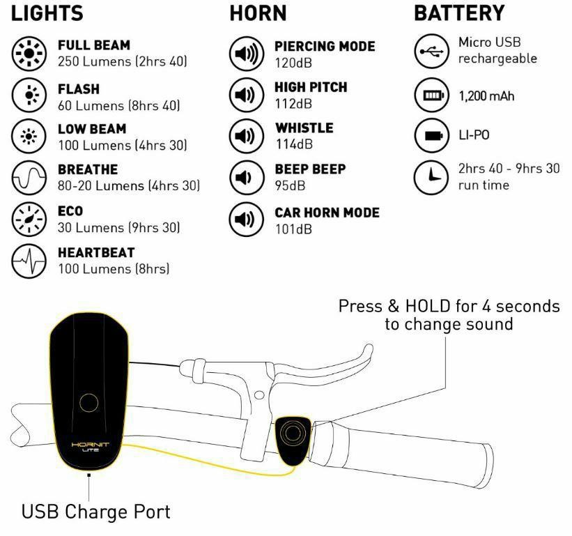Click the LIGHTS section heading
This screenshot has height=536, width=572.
click(47, 13)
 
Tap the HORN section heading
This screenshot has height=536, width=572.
click(258, 13)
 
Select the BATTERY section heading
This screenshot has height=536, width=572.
click(459, 13)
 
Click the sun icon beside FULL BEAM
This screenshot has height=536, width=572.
click(29, 54)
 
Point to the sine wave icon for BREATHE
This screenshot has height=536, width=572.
click(29, 178)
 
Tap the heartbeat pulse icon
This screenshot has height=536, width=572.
click(29, 261)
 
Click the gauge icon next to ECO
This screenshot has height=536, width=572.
click(29, 220)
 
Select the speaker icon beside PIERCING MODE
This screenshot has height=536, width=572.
click(247, 54)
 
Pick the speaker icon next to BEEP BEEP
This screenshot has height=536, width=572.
click(247, 178)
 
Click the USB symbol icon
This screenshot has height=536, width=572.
click(431, 52)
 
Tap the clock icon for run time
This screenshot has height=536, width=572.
click(431, 177)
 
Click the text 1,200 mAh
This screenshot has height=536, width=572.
click(486, 96)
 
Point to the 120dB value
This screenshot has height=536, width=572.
click(293, 63)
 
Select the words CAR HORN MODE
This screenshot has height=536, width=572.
click(327, 213)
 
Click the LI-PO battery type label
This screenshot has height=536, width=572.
click(474, 135)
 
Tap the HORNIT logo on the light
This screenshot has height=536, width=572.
click(91, 445)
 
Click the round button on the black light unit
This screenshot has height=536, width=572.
click(88, 403)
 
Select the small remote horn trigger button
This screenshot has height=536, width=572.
click(292, 441)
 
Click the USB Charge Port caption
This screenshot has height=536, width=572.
click(96, 512)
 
